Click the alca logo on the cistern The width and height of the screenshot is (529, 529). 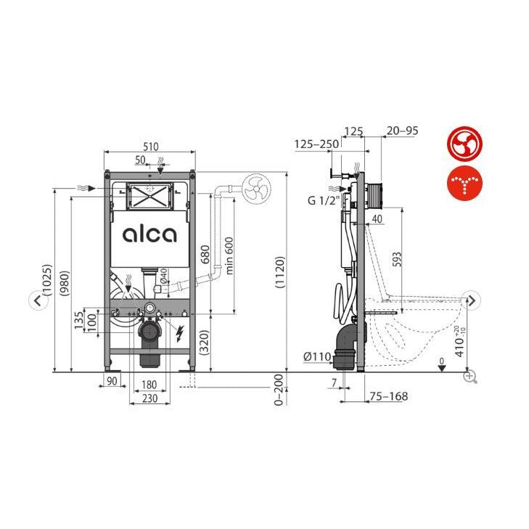[x=149, y=234]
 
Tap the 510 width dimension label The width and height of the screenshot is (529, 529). [x=150, y=147]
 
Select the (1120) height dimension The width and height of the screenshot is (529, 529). [x=280, y=272]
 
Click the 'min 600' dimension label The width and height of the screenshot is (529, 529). [x=229, y=255]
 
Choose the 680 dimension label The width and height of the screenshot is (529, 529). [x=205, y=255]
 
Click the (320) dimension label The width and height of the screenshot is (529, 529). [x=205, y=342]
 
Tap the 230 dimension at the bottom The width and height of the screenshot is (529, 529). [x=149, y=398]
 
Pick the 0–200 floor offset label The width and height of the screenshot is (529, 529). [x=279, y=390]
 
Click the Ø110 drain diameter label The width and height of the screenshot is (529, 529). [x=317, y=356]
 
